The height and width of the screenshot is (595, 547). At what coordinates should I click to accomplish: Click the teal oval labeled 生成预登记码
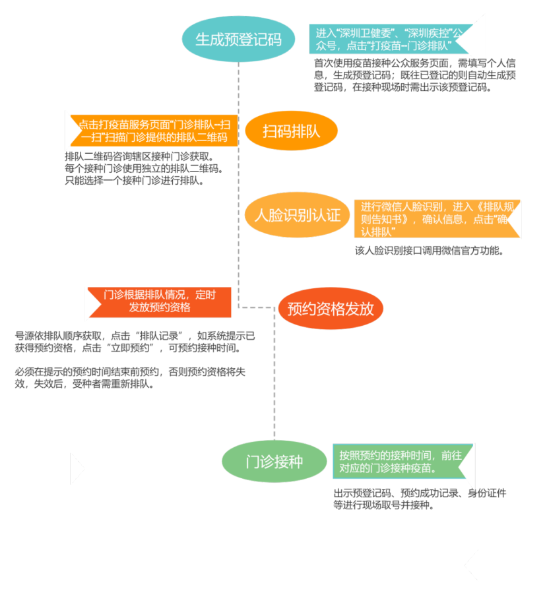pyautogui.click(x=238, y=39)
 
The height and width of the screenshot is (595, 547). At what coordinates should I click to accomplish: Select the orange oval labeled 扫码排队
pyautogui.click(x=291, y=131)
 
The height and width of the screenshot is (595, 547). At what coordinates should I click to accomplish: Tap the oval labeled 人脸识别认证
pyautogui.click(x=298, y=215)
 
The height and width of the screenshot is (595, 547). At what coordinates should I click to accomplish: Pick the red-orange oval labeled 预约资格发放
pyautogui.click(x=331, y=308)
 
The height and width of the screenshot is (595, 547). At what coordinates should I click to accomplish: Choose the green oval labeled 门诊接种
pyautogui.click(x=274, y=462)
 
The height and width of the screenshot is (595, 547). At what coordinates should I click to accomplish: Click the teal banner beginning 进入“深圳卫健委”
pyautogui.click(x=388, y=39)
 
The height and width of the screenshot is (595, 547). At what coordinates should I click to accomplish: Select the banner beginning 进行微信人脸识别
pyautogui.click(x=435, y=219)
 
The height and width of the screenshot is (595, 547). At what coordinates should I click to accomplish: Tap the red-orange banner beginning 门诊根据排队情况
pyautogui.click(x=160, y=301)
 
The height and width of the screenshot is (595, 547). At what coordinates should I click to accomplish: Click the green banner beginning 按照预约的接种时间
pyautogui.click(x=403, y=462)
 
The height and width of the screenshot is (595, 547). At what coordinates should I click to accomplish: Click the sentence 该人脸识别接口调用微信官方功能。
pyautogui.click(x=430, y=250)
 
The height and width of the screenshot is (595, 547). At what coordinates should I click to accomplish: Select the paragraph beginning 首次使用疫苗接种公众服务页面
pyautogui.click(x=415, y=75)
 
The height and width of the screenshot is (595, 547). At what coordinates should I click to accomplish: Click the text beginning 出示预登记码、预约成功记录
pyautogui.click(x=420, y=499)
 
